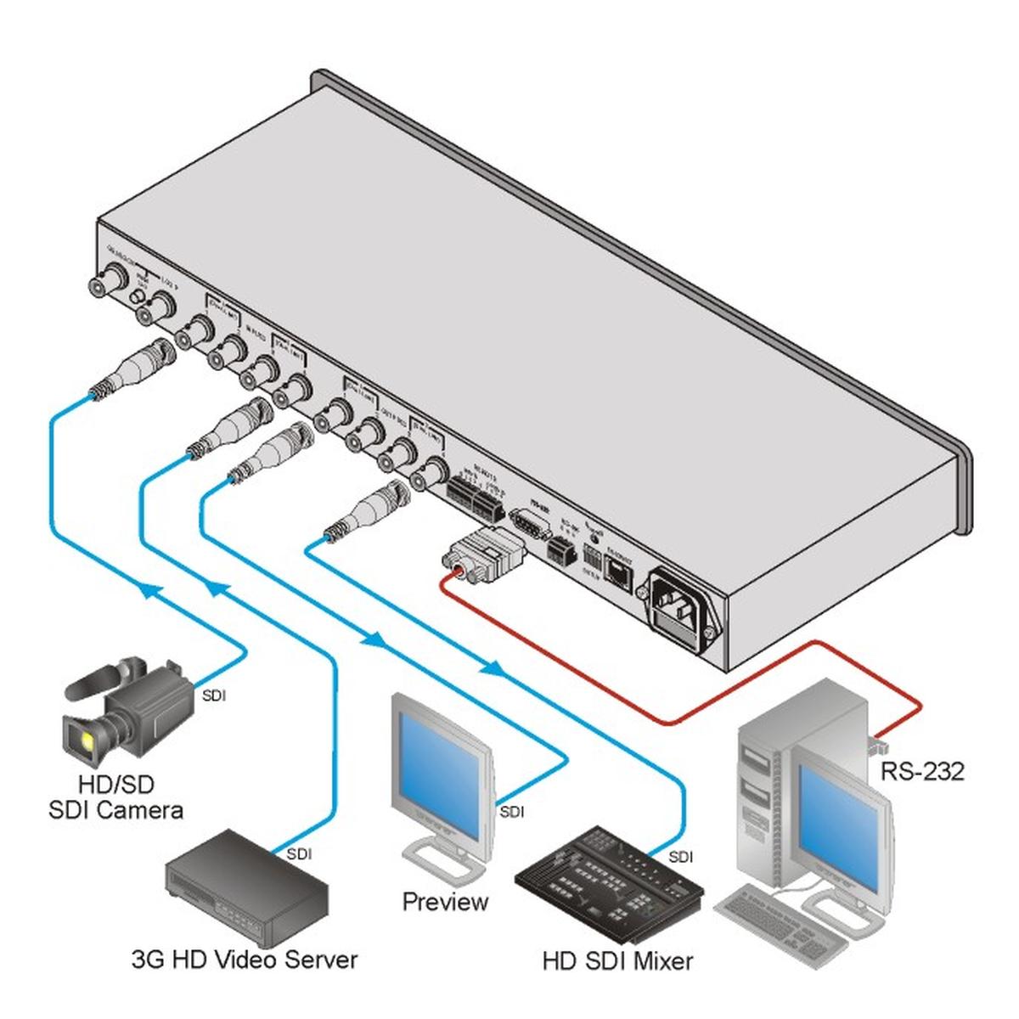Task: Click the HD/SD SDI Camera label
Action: (115, 797)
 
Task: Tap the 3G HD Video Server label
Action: (245, 960)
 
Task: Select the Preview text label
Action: (445, 901)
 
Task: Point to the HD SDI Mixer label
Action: (617, 961)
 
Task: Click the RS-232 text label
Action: (922, 772)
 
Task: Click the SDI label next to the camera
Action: (214, 696)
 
